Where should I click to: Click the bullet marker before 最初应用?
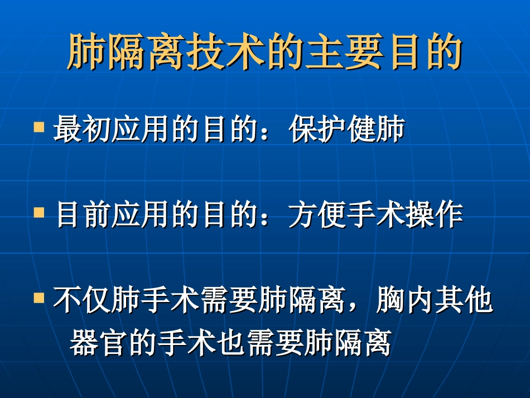pyautogui.click(x=39, y=127)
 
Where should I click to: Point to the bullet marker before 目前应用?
pyautogui.click(x=39, y=213)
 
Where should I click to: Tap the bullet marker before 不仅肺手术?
pyautogui.click(x=39, y=299)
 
